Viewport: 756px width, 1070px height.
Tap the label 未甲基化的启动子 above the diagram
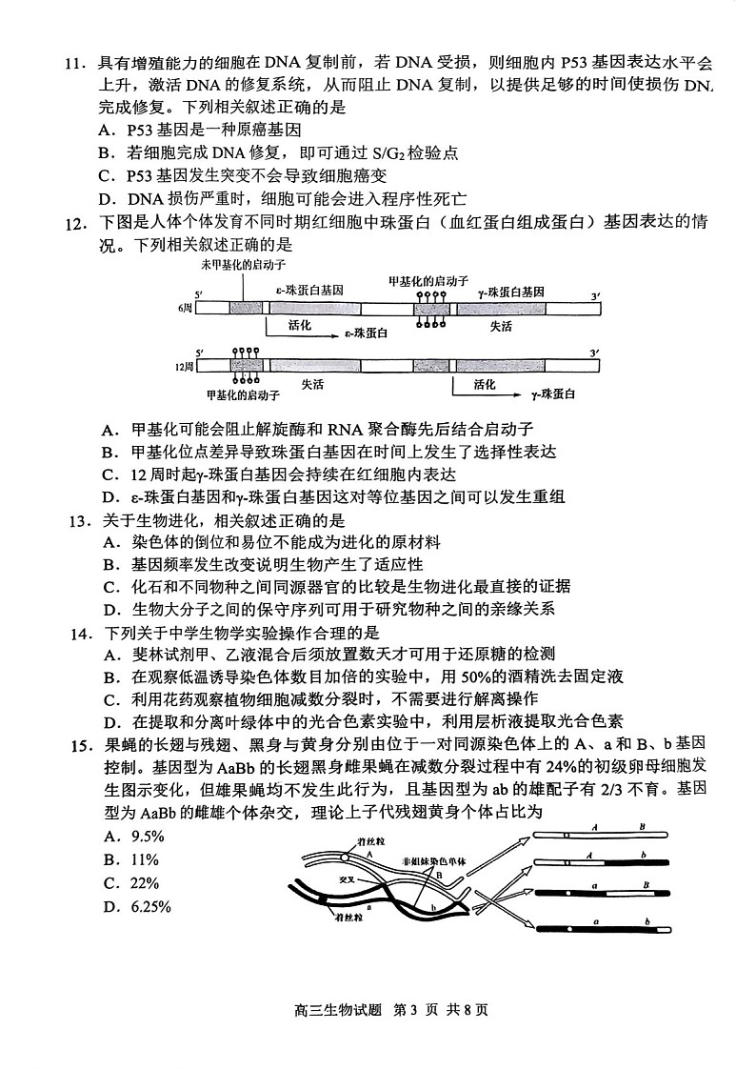(x=244, y=262)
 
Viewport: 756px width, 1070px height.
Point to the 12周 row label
(x=185, y=366)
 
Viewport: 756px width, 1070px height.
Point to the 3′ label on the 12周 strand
(x=594, y=353)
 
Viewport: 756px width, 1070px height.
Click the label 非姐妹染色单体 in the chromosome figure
(x=434, y=858)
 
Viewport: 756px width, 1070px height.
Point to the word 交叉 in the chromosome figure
(x=334, y=880)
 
